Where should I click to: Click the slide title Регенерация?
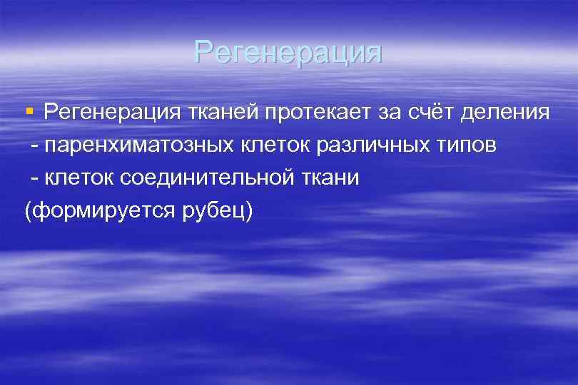click(x=288, y=53)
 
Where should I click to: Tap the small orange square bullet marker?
click(x=29, y=111)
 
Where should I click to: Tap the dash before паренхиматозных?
click(x=34, y=146)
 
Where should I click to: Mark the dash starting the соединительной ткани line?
click(x=34, y=179)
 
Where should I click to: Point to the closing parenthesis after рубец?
click(x=250, y=212)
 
